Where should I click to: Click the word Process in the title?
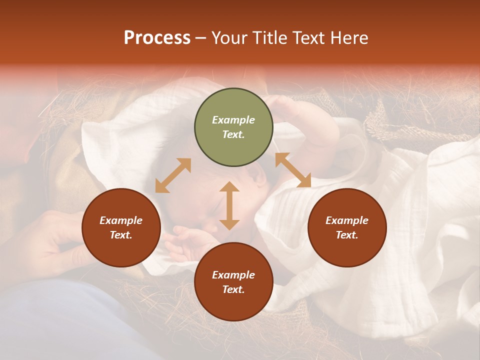[x=157, y=38]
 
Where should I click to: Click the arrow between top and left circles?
[x=173, y=175]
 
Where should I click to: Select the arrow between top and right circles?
[x=293, y=170]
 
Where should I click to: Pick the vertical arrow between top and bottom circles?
[x=229, y=206]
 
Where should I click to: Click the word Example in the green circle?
[x=233, y=120]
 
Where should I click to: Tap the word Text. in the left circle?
[x=121, y=235]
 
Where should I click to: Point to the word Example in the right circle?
[x=347, y=220]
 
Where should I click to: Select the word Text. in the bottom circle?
[x=233, y=289]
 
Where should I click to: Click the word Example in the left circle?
[x=121, y=220]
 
